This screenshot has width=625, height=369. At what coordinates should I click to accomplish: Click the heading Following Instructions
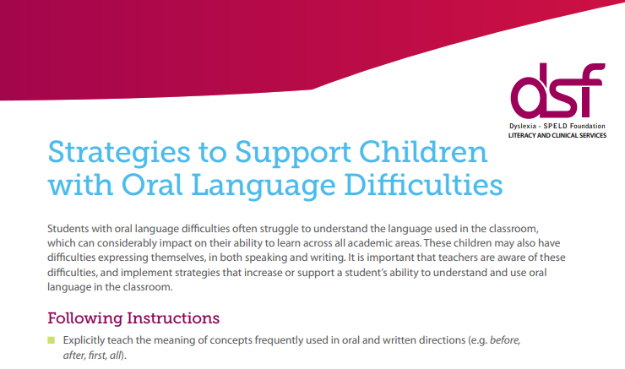[x=133, y=318]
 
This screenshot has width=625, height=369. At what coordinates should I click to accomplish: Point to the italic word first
[x=95, y=355]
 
